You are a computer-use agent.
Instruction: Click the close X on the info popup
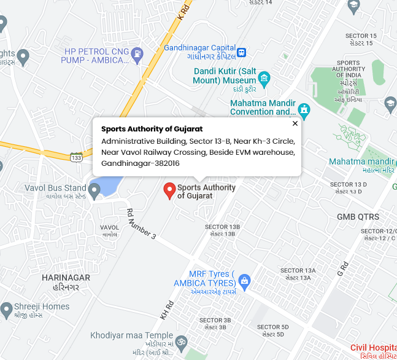click(295, 123)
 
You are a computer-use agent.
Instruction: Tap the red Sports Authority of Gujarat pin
click(169, 190)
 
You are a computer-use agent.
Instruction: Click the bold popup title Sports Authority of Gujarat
click(152, 129)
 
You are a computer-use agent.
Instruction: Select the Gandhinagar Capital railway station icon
click(242, 52)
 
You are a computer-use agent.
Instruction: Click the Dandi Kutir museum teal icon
click(264, 77)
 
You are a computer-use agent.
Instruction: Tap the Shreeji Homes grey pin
click(6, 309)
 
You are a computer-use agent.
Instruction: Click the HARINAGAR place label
click(66, 278)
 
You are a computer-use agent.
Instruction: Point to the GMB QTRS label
click(358, 217)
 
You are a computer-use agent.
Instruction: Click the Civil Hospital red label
click(373, 348)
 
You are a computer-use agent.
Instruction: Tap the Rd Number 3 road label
click(142, 224)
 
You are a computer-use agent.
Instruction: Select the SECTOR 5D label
click(272, 327)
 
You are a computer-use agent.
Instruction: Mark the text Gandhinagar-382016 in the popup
click(141, 163)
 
